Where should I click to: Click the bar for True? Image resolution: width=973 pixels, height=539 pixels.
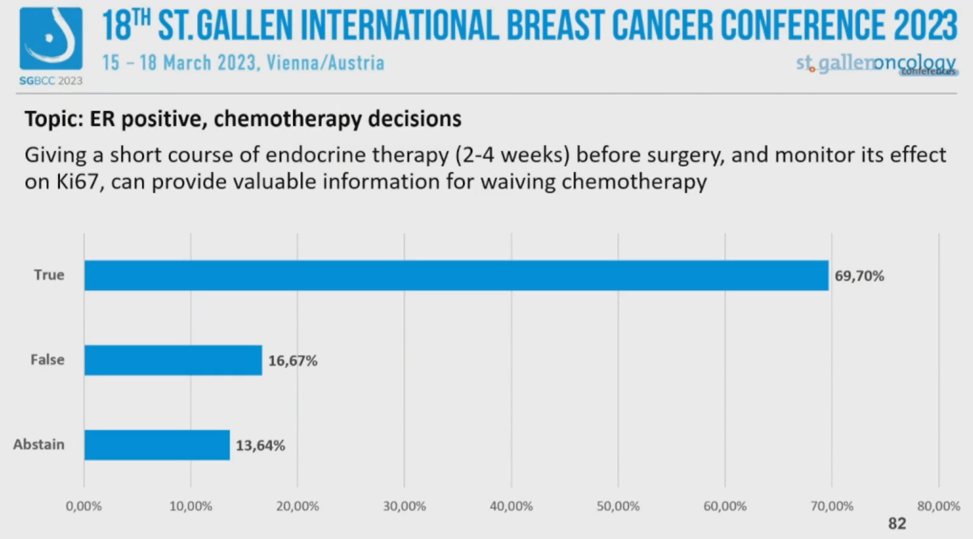click(x=456, y=275)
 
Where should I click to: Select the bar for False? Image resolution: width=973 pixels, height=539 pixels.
click(x=173, y=360)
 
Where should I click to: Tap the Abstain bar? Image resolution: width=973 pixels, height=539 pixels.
click(x=157, y=445)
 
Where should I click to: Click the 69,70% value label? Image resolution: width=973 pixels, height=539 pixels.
click(x=859, y=276)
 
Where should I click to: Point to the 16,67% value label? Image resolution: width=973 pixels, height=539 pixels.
click(x=293, y=360)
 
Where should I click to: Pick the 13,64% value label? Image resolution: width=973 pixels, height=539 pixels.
click(x=260, y=445)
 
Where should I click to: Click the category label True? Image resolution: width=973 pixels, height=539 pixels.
click(x=49, y=275)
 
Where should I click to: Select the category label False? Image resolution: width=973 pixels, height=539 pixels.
click(x=47, y=359)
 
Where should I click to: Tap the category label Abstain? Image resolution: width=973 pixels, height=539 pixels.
click(x=39, y=445)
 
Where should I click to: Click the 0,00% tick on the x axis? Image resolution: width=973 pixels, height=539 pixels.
click(x=84, y=506)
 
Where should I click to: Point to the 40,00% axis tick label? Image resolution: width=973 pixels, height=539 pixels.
click(x=511, y=506)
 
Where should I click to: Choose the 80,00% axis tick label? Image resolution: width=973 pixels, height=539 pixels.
click(x=939, y=506)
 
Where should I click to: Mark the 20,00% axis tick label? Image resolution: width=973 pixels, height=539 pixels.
click(x=297, y=506)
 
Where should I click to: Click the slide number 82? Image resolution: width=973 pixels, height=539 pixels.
click(x=897, y=524)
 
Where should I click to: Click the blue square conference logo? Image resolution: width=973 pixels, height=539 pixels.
click(x=51, y=38)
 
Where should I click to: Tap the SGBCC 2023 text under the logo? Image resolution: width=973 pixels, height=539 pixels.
click(x=51, y=80)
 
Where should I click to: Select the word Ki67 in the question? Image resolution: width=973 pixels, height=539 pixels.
click(x=78, y=182)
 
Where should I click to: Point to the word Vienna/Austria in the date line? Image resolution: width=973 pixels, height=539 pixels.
click(x=325, y=63)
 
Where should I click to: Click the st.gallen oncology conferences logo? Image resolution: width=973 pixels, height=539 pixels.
click(x=876, y=64)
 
